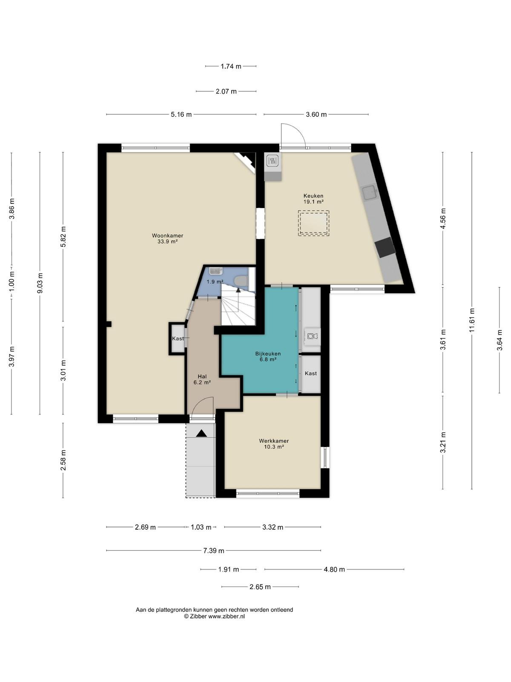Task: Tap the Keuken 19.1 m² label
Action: [x=313, y=199]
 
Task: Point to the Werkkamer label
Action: [x=274, y=441]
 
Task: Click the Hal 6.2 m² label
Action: [x=202, y=380]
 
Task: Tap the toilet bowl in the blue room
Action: [x=241, y=281]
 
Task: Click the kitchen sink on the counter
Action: [x=370, y=193]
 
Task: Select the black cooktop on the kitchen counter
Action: [x=385, y=247]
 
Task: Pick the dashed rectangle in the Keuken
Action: [x=313, y=223]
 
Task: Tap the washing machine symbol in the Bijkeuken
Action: [x=313, y=336]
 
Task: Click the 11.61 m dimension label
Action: [x=472, y=320]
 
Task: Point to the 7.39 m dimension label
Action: [x=213, y=551]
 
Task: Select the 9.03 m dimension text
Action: [x=40, y=283]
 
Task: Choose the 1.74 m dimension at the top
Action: [x=231, y=66]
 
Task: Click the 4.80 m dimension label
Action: [x=334, y=569]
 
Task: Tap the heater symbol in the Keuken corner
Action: [x=273, y=161]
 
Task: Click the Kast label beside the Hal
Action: [x=178, y=338]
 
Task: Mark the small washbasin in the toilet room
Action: [x=216, y=271]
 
